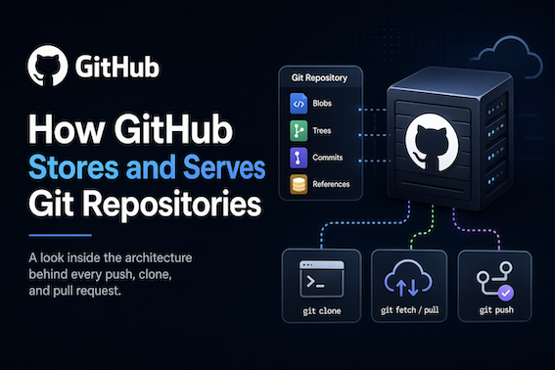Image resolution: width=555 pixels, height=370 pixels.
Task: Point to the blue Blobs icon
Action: tap(299, 103)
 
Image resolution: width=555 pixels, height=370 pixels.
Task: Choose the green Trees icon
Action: tap(299, 129)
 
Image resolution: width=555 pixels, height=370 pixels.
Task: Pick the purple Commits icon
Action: tap(299, 157)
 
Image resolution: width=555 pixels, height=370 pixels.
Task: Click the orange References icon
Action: tap(299, 183)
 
